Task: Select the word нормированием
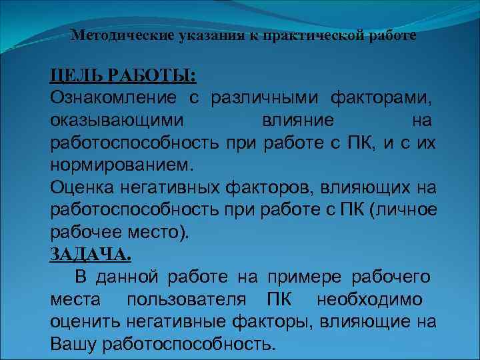pyautogui.click(x=120, y=164)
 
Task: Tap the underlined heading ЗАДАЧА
pyautogui.click(x=91, y=254)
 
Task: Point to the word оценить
pyautogui.click(x=84, y=322)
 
